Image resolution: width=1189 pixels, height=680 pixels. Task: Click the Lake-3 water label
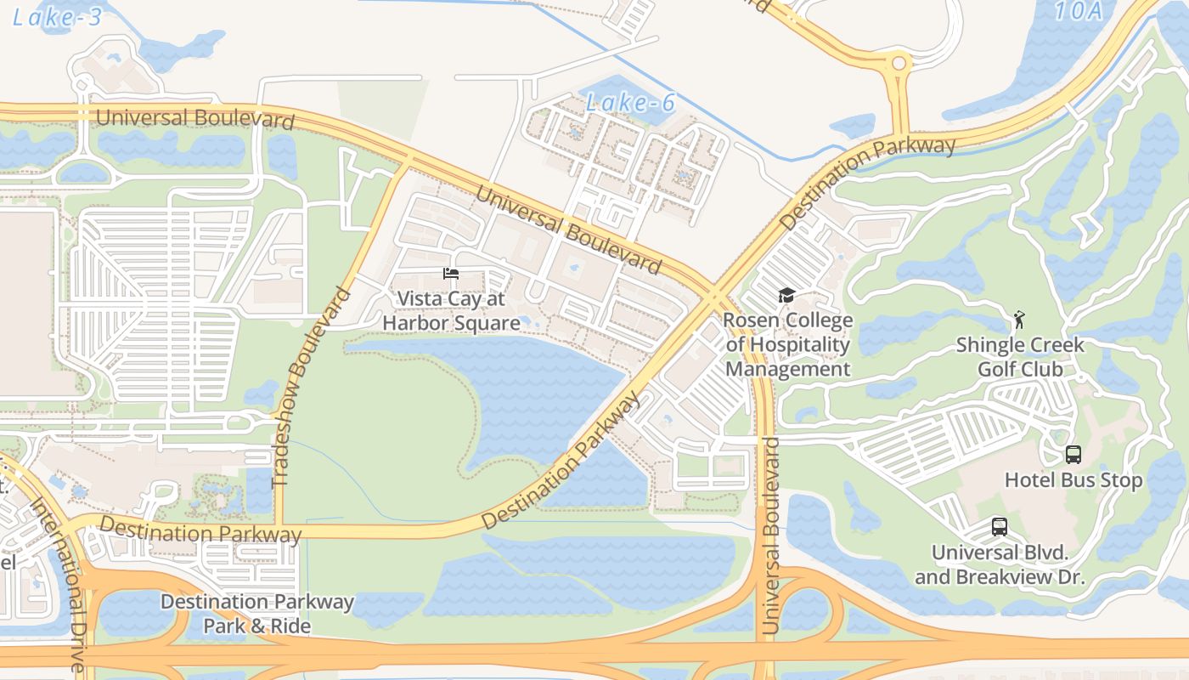[57, 17]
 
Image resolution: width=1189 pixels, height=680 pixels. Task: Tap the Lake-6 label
[630, 103]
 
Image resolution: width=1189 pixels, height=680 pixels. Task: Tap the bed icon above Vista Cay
[451, 274]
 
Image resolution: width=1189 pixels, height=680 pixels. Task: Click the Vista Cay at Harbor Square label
[451, 311]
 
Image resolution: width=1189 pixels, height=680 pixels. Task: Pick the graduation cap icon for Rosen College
[786, 296]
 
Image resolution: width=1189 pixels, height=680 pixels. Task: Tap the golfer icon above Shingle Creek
[1019, 320]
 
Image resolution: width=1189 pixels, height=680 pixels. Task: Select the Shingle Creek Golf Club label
[1020, 357]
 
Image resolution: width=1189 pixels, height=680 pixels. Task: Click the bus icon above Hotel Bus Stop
[1073, 455]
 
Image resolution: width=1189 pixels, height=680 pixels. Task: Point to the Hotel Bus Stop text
[1073, 480]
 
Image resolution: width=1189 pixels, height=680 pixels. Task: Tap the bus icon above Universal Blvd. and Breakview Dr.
[1000, 527]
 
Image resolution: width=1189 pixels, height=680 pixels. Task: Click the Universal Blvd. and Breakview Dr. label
[1000, 564]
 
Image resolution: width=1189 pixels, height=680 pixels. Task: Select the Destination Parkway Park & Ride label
[256, 614]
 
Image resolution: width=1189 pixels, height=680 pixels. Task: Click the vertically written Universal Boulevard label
[770, 535]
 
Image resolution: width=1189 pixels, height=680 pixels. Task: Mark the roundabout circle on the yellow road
[898, 63]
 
